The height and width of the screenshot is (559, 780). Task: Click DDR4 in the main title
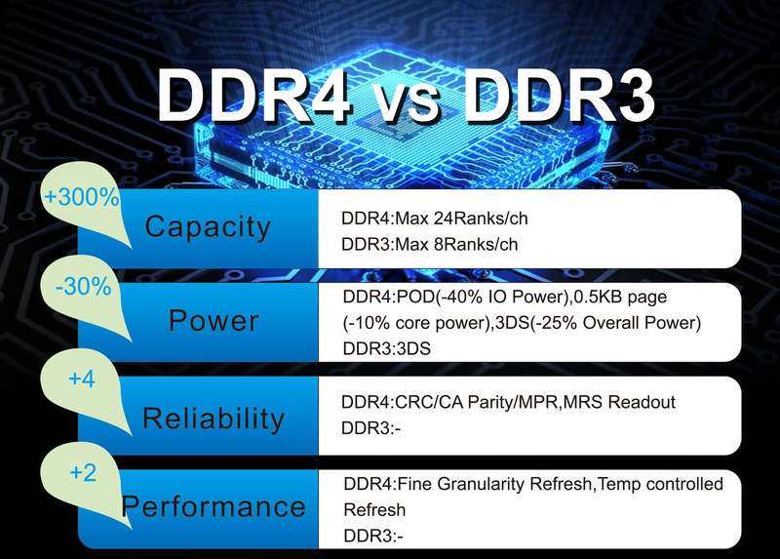click(254, 95)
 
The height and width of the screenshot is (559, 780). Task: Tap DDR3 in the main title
click(559, 95)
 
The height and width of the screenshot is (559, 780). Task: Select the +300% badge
click(82, 197)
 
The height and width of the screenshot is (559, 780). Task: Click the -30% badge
click(84, 287)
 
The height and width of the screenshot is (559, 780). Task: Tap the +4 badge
click(82, 379)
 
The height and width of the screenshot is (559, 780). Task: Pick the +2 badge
click(83, 472)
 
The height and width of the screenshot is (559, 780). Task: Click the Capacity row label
click(208, 227)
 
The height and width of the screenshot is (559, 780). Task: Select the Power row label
click(214, 320)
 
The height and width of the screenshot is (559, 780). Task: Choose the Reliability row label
click(214, 418)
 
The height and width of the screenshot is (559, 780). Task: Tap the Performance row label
click(214, 506)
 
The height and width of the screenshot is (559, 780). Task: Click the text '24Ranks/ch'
click(481, 219)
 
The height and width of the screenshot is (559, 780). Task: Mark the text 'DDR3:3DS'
click(386, 348)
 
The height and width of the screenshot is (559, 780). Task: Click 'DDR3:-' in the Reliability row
click(371, 428)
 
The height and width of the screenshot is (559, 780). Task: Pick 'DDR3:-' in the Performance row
click(373, 537)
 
